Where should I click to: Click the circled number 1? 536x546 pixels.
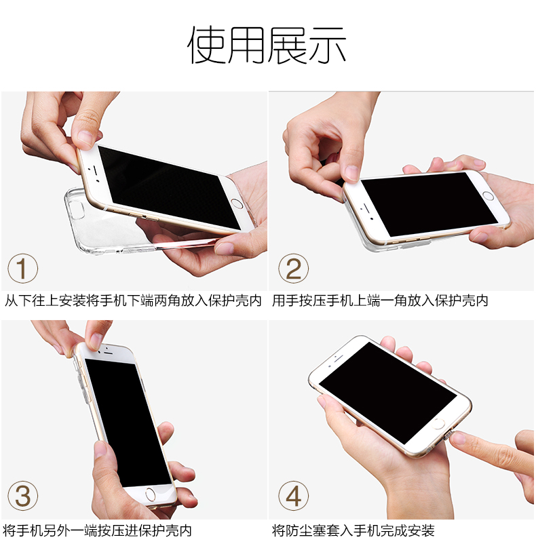pyautogui.click(x=22, y=268)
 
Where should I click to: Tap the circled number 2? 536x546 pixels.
pyautogui.click(x=293, y=268)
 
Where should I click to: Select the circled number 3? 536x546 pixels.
pyautogui.click(x=22, y=496)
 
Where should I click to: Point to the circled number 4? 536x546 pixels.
pyautogui.click(x=293, y=496)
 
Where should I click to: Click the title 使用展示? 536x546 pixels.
pyautogui.click(x=267, y=45)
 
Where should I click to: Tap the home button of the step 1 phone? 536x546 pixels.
pyautogui.click(x=237, y=203)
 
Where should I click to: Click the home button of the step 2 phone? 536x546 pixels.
pyautogui.click(x=489, y=196)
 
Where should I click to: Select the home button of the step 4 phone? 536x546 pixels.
pyautogui.click(x=438, y=424)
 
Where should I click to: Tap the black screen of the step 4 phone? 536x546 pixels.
pyautogui.click(x=387, y=393)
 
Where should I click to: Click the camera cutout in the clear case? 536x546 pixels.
pyautogui.click(x=76, y=210)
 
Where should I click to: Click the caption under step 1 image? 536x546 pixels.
pyautogui.click(x=133, y=300)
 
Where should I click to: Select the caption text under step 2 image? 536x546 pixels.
pyautogui.click(x=380, y=300)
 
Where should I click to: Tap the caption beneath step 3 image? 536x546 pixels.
pyautogui.click(x=97, y=530)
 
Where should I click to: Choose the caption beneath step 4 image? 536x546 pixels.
pyautogui.click(x=353, y=530)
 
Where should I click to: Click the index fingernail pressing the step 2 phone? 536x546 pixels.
pyautogui.click(x=351, y=173)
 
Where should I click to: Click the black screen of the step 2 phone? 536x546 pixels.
pyautogui.click(x=429, y=204)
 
